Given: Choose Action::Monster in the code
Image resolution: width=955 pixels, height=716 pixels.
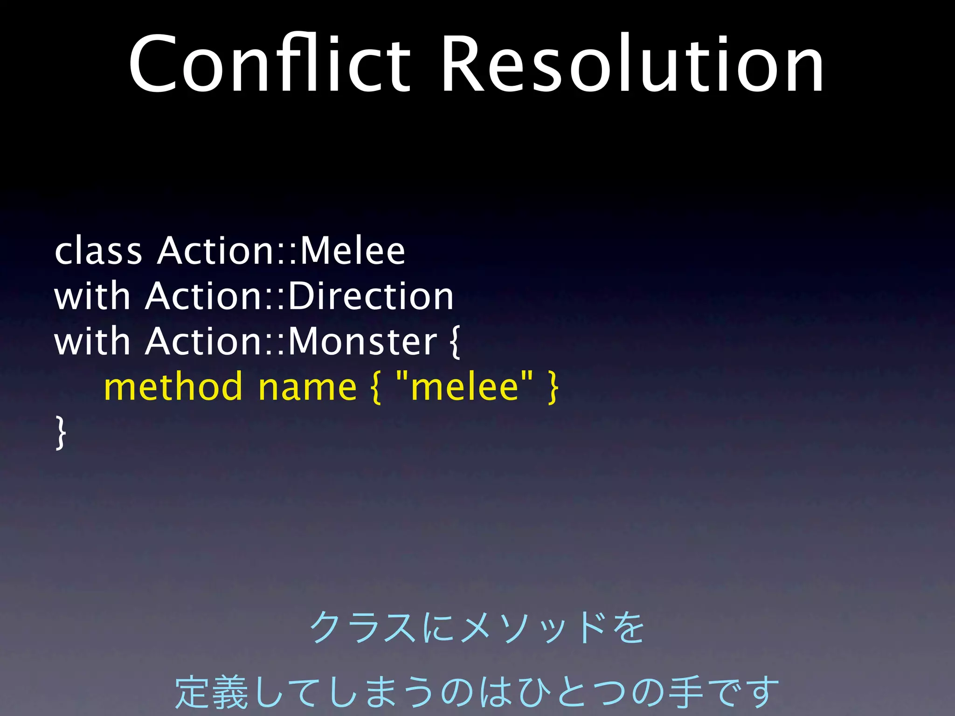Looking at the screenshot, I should tap(291, 342).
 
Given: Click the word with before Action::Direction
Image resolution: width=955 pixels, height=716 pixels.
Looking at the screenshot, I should tap(92, 296).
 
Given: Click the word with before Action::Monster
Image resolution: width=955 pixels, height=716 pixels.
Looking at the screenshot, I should tap(92, 342).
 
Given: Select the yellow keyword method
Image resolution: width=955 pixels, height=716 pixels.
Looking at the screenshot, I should tap(173, 387).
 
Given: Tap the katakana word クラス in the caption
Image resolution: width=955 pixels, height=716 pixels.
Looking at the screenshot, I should tap(363, 628).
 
